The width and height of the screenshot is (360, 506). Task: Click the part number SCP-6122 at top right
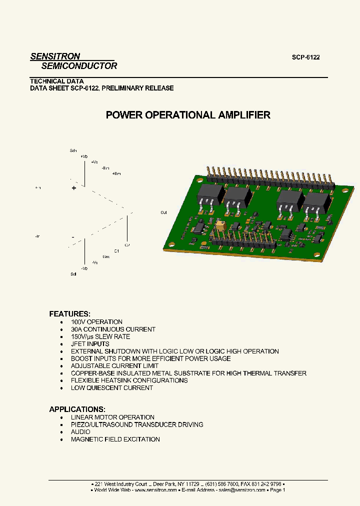point(305,57)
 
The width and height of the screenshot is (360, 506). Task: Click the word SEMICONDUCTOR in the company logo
point(79,66)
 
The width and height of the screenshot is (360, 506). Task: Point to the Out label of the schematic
point(164,212)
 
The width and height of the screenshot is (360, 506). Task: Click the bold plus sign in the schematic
point(74,188)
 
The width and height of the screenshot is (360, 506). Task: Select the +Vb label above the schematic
point(83,156)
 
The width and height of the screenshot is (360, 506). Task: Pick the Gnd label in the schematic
point(106,256)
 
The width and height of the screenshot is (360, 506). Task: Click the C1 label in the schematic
point(116,250)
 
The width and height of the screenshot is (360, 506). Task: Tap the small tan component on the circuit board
point(219,226)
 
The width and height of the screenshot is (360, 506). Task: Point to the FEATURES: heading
point(69,314)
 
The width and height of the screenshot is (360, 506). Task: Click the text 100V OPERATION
point(96,322)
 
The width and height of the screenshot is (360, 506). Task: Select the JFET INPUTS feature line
point(90,344)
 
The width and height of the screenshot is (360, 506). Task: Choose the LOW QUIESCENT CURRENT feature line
point(111,388)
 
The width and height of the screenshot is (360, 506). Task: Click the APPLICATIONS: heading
point(77,409)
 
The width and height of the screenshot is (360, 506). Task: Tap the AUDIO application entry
point(80,432)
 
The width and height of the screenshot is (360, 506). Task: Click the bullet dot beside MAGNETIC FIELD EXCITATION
point(61,439)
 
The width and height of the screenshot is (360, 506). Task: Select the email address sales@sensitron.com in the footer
point(241,490)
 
